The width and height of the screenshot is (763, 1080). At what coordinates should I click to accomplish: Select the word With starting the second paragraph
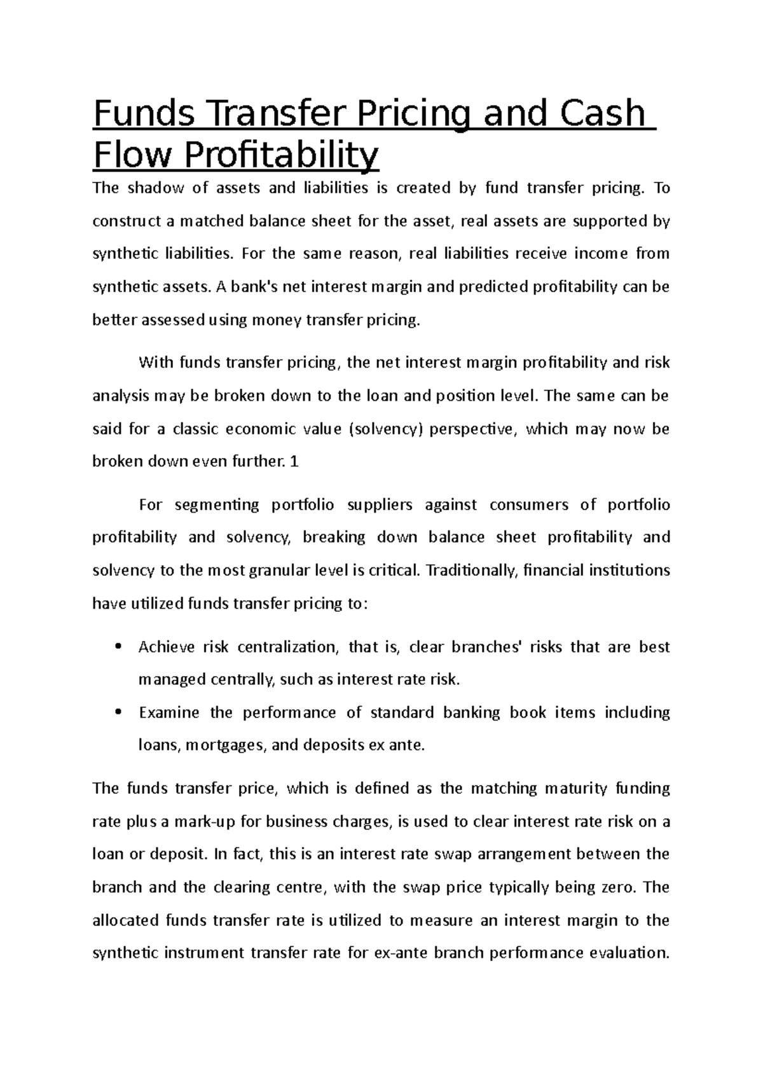[155, 363]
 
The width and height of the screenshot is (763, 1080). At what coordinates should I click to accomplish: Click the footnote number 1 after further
[294, 462]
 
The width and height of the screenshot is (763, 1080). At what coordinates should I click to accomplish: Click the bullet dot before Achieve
[116, 647]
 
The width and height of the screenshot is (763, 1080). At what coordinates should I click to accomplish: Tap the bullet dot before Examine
[116, 713]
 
